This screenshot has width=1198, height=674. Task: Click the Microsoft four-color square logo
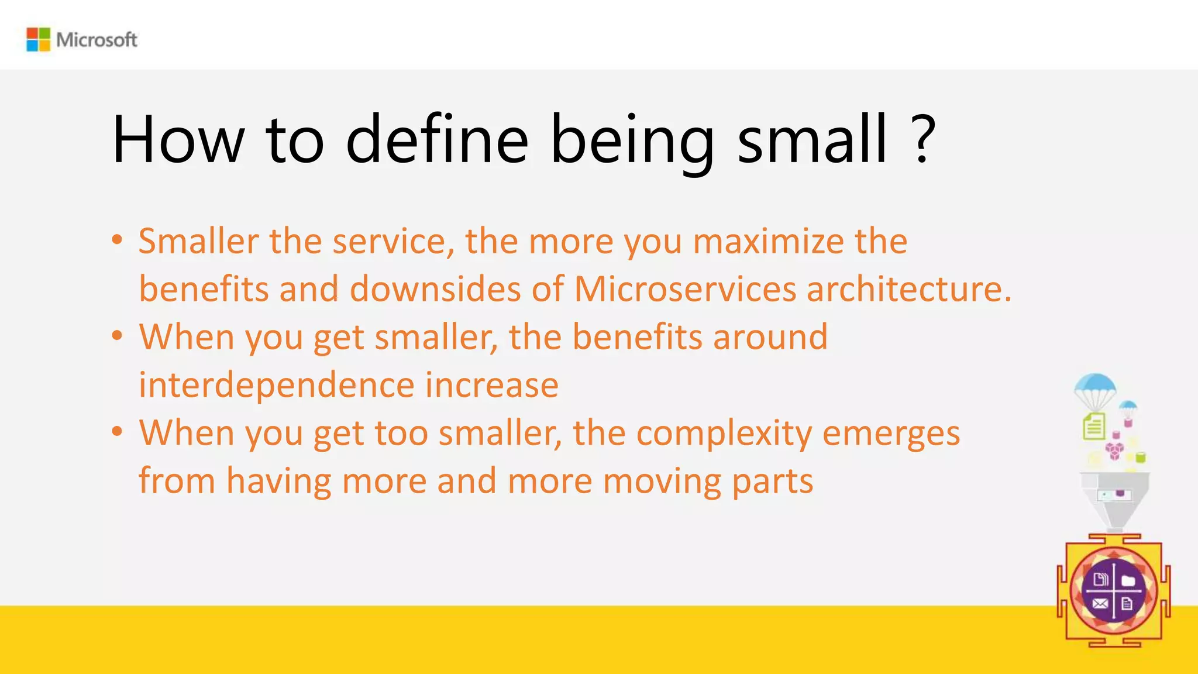pyautogui.click(x=39, y=39)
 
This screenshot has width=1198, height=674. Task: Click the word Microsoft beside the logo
pyautogui.click(x=97, y=40)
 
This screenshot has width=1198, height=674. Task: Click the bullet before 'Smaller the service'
pyautogui.click(x=118, y=239)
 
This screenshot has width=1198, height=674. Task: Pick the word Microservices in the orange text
pyautogui.click(x=685, y=289)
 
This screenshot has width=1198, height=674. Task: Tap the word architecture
pyautogui.click(x=908, y=289)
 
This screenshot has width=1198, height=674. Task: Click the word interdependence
pyautogui.click(x=276, y=385)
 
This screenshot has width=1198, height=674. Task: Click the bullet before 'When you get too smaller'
pyautogui.click(x=118, y=432)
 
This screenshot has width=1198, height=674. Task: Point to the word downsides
pyautogui.click(x=435, y=289)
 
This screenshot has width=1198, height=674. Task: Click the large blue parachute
pyautogui.click(x=1095, y=386)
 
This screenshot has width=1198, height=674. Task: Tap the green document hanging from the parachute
pyautogui.click(x=1094, y=426)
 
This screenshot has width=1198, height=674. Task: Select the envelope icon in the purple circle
pyautogui.click(x=1100, y=604)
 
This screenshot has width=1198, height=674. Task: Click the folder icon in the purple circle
pyautogui.click(x=1128, y=580)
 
